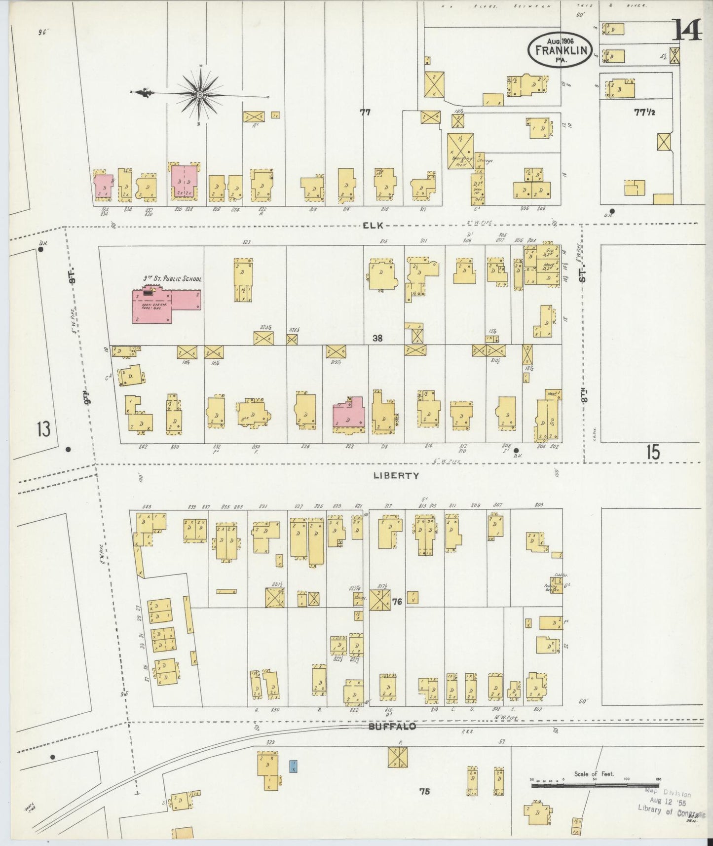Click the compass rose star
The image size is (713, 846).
click(x=200, y=93)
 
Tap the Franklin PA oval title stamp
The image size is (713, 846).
click(x=560, y=50)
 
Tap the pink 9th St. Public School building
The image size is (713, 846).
click(x=166, y=306)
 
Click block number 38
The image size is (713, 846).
click(x=378, y=339)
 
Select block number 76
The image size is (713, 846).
click(x=397, y=601)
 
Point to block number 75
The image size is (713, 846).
click(x=424, y=791)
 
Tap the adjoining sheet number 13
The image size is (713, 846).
click(x=43, y=429)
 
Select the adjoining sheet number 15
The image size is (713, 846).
click(x=653, y=452)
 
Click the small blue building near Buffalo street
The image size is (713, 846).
click(x=293, y=767)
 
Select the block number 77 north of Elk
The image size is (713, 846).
click(x=365, y=113)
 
